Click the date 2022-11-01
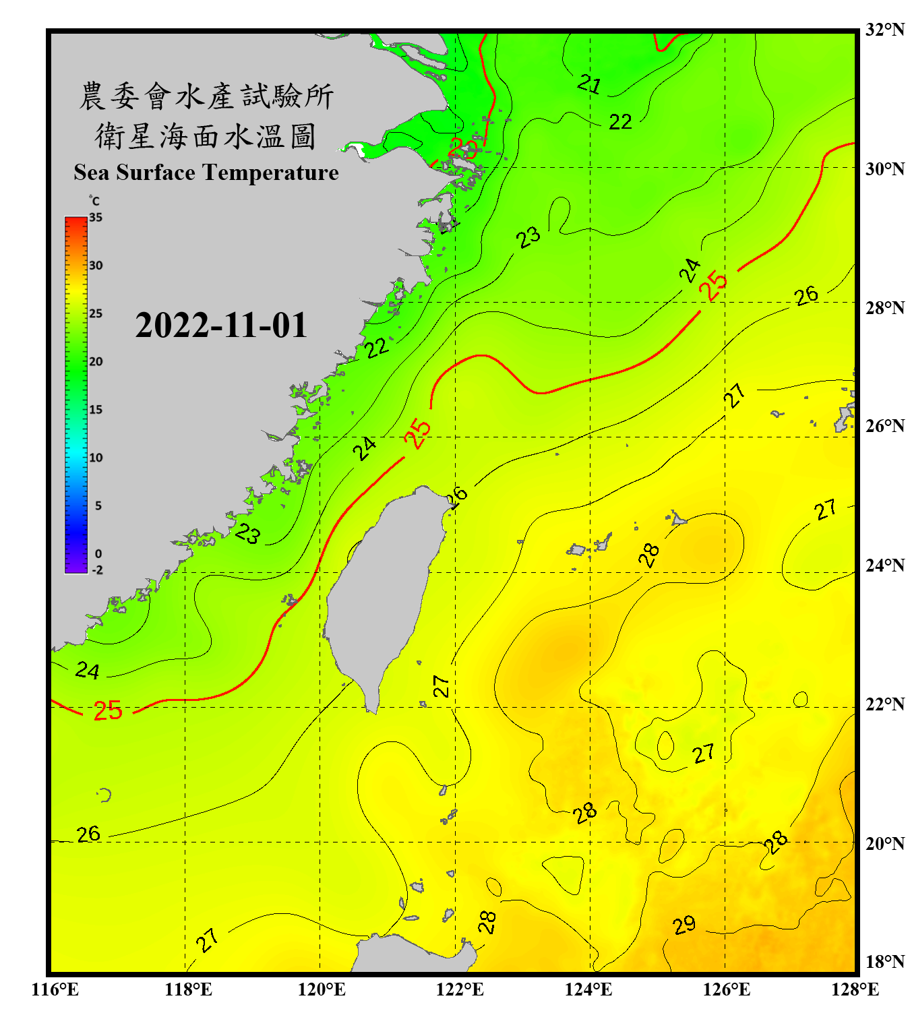coord(221,326)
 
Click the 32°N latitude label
coord(884,30)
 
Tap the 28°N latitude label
coord(884,307)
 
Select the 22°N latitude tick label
coord(884,704)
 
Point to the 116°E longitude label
coord(55,989)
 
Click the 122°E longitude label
coord(460,989)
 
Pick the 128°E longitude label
coord(855,989)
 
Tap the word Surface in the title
coord(155,173)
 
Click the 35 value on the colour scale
coord(96,218)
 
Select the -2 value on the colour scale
coord(97,570)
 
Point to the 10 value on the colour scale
coord(96,458)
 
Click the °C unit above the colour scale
coord(94,201)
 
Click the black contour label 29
coord(684,925)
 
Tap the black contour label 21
coord(589,84)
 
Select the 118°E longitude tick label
coord(188,989)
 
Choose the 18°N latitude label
coord(884,962)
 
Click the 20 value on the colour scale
coord(96,362)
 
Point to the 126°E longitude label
coord(726,989)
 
